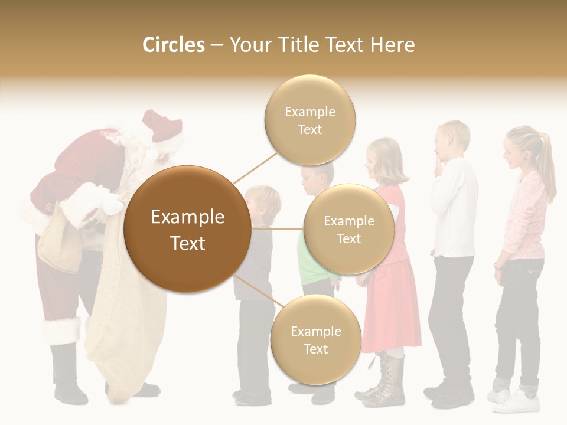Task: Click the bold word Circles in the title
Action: click(173, 45)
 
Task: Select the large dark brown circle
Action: click(187, 229)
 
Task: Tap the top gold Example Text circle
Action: click(309, 120)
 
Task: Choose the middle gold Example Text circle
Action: click(348, 229)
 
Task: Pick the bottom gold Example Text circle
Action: click(315, 339)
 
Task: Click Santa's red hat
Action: click(162, 125)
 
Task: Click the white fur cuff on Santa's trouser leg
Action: click(61, 331)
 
